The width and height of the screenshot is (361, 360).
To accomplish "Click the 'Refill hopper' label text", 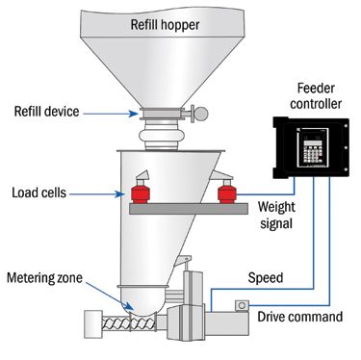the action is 165,25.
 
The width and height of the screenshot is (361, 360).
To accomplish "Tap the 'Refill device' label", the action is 46,112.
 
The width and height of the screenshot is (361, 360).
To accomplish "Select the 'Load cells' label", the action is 39,193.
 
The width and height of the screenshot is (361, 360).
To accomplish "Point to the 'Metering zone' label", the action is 44,277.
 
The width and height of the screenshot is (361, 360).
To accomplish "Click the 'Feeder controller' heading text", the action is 316,96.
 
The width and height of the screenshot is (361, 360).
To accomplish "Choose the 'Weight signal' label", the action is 276,215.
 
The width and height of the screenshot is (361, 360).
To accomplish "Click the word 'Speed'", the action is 266,277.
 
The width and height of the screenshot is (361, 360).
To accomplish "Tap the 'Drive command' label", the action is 300,317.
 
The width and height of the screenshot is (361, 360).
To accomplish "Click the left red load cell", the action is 141,192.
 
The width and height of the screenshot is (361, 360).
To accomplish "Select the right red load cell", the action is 227,192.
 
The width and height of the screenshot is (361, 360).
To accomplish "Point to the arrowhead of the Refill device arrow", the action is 134,114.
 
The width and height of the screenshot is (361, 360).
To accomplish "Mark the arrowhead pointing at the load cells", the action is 120,194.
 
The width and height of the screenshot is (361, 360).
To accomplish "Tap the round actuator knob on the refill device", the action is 201,114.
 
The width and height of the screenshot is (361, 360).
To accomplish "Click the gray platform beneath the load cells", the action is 189,209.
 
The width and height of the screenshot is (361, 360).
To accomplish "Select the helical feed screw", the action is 129,323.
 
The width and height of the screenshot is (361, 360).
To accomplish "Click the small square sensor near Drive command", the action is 242,305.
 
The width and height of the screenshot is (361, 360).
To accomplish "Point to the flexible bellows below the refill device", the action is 158,135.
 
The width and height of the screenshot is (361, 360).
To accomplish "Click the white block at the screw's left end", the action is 93,324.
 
